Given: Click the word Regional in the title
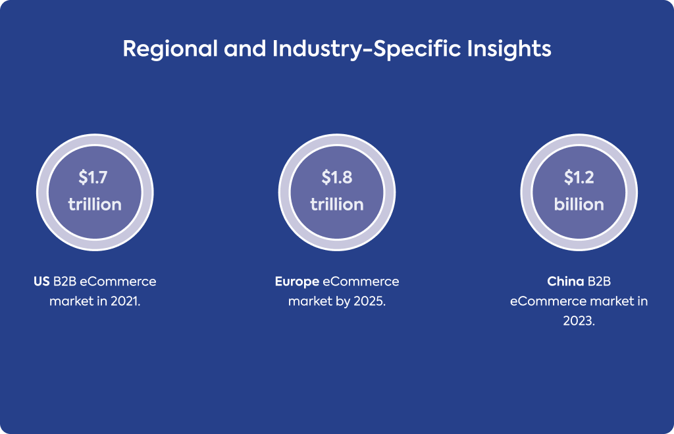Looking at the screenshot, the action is (170, 49).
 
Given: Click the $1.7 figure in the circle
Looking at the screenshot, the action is (93, 178).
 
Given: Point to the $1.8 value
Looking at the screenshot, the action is (337, 178).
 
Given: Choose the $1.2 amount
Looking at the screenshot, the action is (579, 178).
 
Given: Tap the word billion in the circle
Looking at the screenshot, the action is (579, 205).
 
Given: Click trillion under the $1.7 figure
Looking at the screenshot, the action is (95, 205).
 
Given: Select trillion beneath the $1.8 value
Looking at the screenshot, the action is (337, 205).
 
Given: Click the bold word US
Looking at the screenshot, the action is (41, 281).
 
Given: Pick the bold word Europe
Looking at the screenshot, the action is (297, 282).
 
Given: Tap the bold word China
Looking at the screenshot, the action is (565, 281).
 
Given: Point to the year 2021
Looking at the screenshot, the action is (125, 301).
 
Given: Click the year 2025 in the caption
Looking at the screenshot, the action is (370, 301).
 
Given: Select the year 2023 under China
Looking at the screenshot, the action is (579, 321).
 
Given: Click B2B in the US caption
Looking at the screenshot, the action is (65, 281).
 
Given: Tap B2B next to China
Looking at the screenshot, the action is (599, 281).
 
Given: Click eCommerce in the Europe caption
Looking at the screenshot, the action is (361, 281).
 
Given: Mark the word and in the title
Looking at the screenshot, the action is (245, 49).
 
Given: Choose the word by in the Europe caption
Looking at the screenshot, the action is (343, 302).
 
